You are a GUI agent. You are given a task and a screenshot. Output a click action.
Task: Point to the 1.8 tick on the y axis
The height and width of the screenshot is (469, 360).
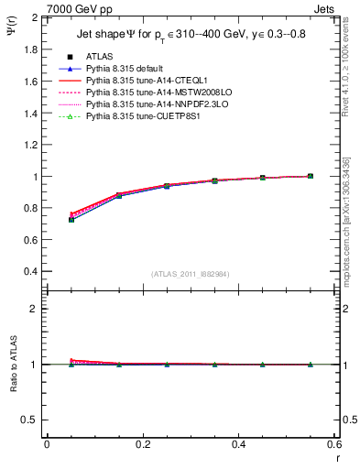(x=31, y=49)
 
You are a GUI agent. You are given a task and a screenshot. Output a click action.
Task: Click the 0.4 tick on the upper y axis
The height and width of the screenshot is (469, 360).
(x=31, y=272)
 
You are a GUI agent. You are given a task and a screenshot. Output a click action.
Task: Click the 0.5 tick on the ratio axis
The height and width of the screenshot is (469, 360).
(x=31, y=420)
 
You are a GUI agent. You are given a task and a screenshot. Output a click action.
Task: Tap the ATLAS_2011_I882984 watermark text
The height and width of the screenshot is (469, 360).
(x=190, y=274)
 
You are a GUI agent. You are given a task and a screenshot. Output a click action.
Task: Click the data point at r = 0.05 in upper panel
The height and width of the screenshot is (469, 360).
(x=71, y=220)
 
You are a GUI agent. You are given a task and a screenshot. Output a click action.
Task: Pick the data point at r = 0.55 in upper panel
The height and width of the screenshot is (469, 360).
(x=311, y=176)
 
